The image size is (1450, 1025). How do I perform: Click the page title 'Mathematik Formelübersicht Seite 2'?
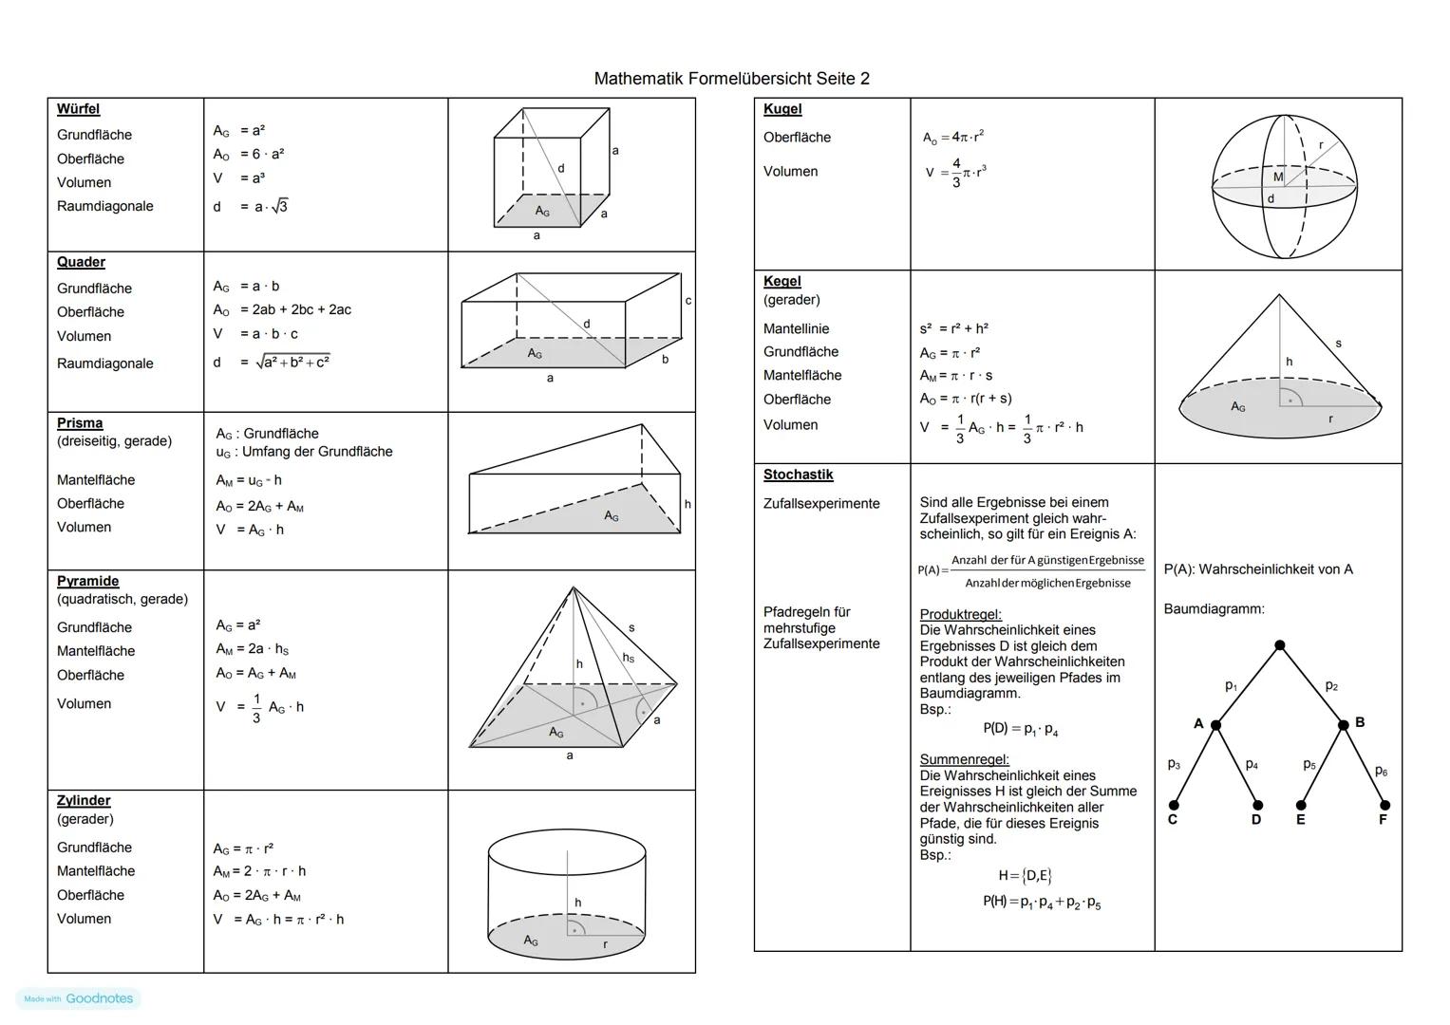(731, 79)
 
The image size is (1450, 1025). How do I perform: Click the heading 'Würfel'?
(78, 109)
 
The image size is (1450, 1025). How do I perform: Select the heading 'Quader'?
(81, 262)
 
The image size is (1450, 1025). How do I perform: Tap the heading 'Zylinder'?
(84, 800)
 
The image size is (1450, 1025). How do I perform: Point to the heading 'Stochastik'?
(798, 475)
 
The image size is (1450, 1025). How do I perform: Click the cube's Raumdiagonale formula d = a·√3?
(251, 206)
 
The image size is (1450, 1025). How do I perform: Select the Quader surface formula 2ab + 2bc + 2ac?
(294, 309)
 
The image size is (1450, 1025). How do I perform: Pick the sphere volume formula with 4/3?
(955, 173)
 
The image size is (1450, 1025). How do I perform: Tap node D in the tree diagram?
(1257, 806)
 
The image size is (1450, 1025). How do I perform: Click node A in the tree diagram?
(1215, 725)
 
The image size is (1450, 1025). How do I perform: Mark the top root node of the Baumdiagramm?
(1280, 645)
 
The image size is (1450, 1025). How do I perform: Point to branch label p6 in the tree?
(1381, 771)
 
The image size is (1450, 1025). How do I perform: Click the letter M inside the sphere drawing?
(1277, 177)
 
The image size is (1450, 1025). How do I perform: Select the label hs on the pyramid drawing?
(628, 658)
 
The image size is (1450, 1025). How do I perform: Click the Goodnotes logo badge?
(79, 998)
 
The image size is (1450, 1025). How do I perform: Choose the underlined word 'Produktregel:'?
(960, 614)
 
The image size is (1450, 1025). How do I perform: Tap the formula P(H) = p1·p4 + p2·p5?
(1042, 902)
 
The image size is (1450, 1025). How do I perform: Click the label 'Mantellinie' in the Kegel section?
(796, 328)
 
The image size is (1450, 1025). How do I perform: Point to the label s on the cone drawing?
(1338, 343)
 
